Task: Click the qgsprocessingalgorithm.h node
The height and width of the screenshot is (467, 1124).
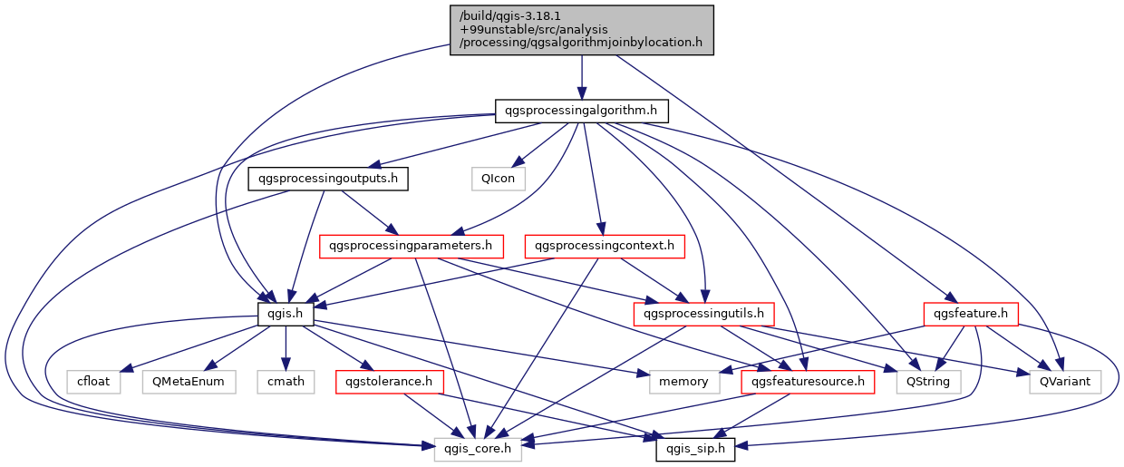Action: [581, 112]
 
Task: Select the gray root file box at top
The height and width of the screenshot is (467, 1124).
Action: [581, 30]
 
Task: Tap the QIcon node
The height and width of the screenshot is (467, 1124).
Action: [498, 179]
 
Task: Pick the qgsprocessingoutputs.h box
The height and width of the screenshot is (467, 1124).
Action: [327, 179]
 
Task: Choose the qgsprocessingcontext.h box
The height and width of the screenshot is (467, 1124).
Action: [605, 246]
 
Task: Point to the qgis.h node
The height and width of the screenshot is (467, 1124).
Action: [286, 314]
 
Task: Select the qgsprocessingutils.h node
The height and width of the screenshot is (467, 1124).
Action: [703, 314]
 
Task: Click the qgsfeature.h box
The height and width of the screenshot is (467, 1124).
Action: [971, 314]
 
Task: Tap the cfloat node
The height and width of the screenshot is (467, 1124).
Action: [92, 381]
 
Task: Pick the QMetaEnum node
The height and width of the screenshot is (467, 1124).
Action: [188, 381]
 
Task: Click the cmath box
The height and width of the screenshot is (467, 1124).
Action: [286, 381]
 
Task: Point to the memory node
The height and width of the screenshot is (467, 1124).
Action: [683, 381]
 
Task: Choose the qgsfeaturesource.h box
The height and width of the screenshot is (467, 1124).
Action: [809, 381]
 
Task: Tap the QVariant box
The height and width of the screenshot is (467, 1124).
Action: [1065, 381]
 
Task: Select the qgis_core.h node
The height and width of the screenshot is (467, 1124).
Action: [478, 448]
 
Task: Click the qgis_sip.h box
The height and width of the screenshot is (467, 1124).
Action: [695, 448]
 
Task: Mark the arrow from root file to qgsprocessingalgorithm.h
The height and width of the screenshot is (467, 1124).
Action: [581, 77]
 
